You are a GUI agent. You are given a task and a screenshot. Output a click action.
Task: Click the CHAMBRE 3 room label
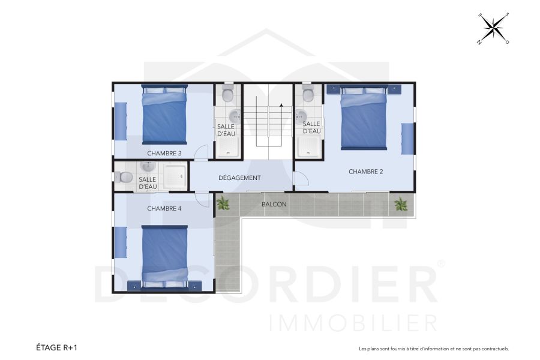point(164,153)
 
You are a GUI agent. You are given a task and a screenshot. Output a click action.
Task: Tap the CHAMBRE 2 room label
point(366,172)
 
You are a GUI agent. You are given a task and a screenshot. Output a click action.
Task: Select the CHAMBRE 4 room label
point(164,209)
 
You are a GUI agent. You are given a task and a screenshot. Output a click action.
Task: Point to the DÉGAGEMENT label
point(239,178)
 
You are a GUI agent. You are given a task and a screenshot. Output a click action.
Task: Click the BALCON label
point(274,204)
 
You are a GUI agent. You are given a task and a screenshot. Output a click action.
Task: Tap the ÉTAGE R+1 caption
point(58,347)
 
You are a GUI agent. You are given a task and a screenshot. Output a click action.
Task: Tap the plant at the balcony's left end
point(223,203)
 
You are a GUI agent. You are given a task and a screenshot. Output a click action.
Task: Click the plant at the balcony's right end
point(400,205)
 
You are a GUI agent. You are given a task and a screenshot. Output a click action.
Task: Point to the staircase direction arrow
point(281,106)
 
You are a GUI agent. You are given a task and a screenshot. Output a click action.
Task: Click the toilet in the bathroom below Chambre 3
point(125,177)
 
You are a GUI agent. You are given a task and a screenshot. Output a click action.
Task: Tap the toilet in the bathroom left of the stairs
point(227,94)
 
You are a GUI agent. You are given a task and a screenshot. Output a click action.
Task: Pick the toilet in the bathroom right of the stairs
point(308,94)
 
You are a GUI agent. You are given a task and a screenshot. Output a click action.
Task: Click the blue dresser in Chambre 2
point(407,139)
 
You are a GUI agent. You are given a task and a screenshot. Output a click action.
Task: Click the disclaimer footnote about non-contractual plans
point(433,348)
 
